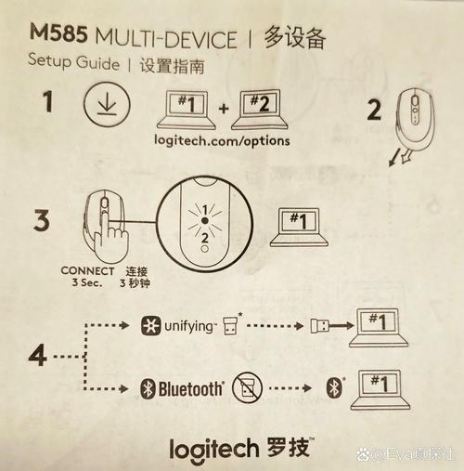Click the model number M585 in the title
(57, 36)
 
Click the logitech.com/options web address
(221, 140)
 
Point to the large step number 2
(374, 111)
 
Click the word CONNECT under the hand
(87, 271)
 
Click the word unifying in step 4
(191, 325)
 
